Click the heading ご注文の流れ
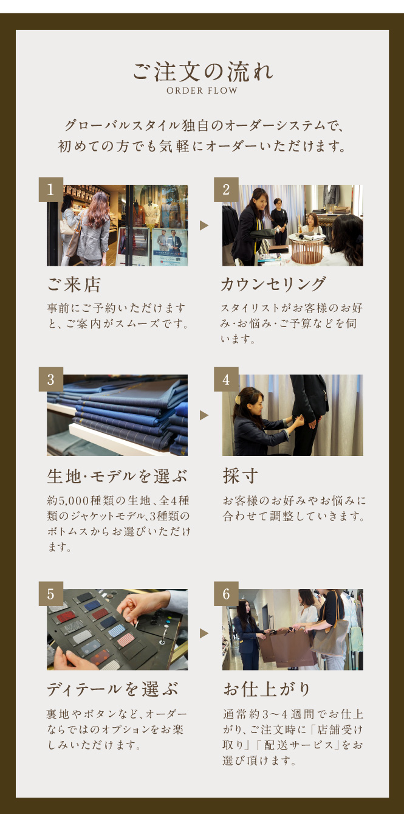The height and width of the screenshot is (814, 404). [x=202, y=71]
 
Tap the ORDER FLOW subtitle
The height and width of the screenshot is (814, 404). [x=202, y=91]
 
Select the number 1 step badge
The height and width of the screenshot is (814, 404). [x=51, y=189]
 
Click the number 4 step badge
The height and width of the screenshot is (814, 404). [x=226, y=379]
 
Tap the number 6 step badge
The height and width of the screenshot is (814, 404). [x=226, y=594]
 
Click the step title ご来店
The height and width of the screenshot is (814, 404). [x=74, y=285]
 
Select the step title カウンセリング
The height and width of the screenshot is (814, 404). [x=273, y=284]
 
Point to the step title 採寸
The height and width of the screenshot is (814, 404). [x=241, y=475]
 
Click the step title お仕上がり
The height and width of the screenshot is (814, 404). [x=267, y=689]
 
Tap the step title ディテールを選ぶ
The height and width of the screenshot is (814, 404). [x=112, y=689]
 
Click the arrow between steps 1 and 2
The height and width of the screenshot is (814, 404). [x=204, y=226]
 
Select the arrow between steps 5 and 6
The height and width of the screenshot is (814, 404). [x=204, y=633]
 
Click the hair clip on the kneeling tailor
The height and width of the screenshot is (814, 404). [x=238, y=399]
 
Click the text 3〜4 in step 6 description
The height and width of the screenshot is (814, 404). [x=275, y=714]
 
